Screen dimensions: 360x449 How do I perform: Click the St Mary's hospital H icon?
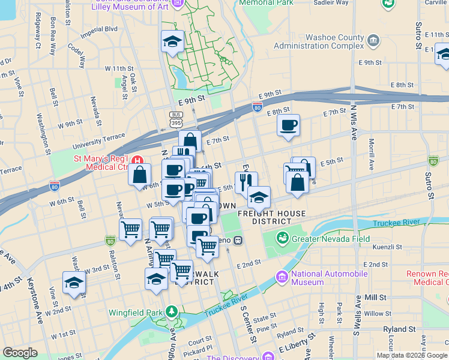click(x=139, y=160)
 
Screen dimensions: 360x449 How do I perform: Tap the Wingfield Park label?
click(x=136, y=312)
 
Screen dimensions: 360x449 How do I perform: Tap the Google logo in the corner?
click(x=20, y=353)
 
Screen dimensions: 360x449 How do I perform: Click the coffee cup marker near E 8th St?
click(x=288, y=125)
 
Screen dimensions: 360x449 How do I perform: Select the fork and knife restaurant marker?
click(x=246, y=181)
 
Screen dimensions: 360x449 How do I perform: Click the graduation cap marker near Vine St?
click(x=74, y=282)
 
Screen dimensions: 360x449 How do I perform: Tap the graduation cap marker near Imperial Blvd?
click(x=172, y=41)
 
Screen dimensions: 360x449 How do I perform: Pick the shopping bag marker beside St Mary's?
click(x=140, y=175)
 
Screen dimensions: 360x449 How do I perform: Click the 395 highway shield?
click(x=175, y=122)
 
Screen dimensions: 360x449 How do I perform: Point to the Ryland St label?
click(x=399, y=329)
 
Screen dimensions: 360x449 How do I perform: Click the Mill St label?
click(x=375, y=297)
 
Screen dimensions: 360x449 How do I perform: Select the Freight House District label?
click(x=271, y=217)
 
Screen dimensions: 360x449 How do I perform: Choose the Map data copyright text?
click(x=411, y=355)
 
